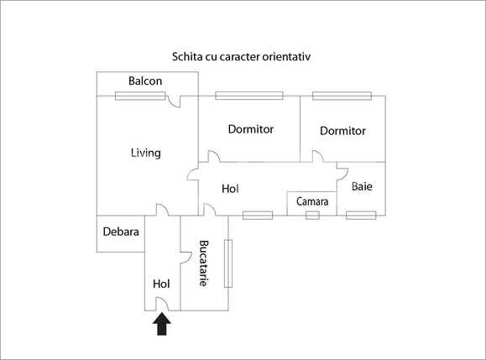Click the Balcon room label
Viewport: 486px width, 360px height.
[145, 81]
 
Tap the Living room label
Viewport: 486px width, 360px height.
[145, 153]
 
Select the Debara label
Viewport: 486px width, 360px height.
[121, 232]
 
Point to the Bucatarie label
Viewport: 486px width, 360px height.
[203, 263]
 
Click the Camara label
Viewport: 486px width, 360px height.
[311, 202]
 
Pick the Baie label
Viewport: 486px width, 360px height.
[363, 185]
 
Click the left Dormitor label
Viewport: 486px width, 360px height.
[251, 129]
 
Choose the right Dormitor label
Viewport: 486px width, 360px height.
[343, 131]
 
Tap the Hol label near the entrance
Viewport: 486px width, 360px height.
[162, 284]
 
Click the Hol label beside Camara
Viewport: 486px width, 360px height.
[230, 189]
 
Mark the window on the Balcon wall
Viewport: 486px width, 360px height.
[140, 96]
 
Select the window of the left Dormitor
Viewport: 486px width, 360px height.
[242, 96]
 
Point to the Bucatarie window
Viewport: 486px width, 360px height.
[227, 263]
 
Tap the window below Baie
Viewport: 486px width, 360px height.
[361, 216]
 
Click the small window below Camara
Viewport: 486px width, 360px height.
[312, 216]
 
